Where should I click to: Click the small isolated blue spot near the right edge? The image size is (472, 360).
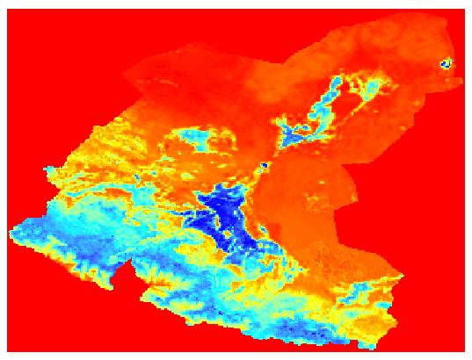446,62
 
